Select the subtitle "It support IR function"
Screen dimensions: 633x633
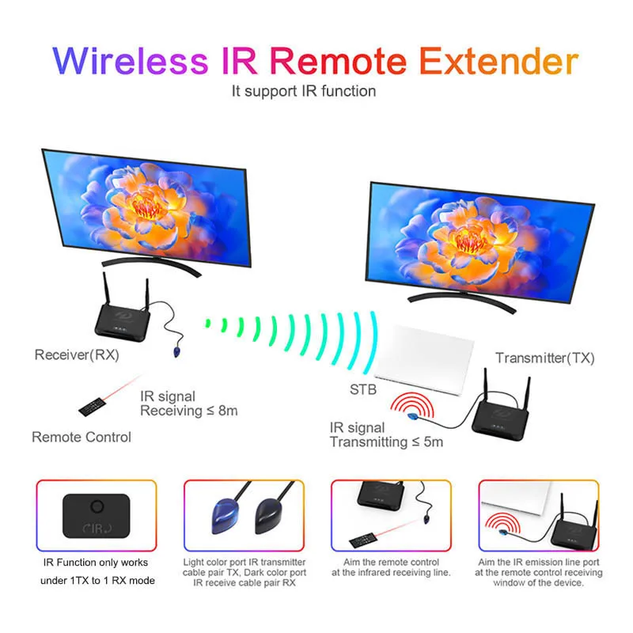pyautogui.click(x=304, y=91)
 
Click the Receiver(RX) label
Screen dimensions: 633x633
pyautogui.click(x=76, y=354)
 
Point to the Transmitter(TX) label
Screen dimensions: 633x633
pyautogui.click(x=544, y=358)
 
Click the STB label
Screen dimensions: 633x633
pyautogui.click(x=362, y=389)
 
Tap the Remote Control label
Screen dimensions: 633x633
pyautogui.click(x=81, y=437)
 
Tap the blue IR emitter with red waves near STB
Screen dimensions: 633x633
pyautogui.click(x=412, y=412)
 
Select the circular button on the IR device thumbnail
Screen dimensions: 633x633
pyautogui.click(x=97, y=506)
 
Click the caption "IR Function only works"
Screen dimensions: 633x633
pyautogui.click(x=96, y=563)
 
